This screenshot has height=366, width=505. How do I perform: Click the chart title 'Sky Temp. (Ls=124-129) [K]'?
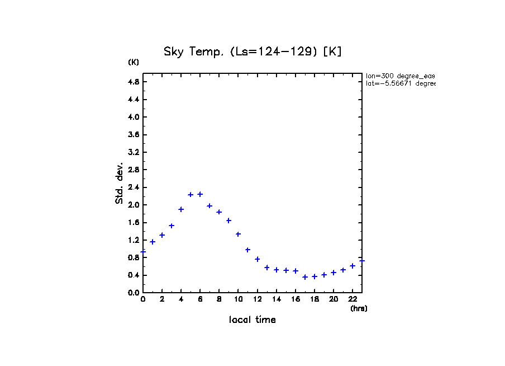coord(252,52)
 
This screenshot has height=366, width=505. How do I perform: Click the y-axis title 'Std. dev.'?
coord(120,184)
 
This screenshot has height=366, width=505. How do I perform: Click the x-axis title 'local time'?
coord(252,320)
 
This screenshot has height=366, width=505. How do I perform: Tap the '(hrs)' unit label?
coord(359,308)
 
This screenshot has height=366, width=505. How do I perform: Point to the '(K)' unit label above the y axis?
coord(134,62)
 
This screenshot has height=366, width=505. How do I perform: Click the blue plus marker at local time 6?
coord(200,194)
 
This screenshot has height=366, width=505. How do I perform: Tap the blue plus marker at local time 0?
coord(143,252)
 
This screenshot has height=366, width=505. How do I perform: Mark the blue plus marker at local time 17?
coord(305,277)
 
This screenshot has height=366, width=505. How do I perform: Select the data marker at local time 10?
coord(238,234)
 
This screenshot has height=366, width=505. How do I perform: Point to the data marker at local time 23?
coord(362,261)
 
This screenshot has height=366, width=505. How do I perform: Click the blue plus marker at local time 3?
coord(171,226)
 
